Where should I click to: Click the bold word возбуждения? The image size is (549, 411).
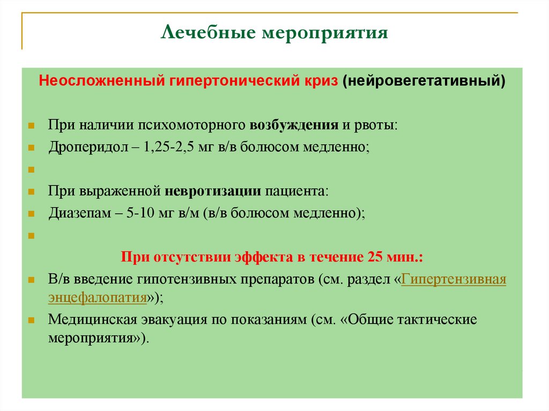click(x=293, y=125)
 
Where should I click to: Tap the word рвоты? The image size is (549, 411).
click(x=376, y=125)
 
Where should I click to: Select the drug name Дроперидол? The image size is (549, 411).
click(x=86, y=147)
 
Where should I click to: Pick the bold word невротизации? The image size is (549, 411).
click(x=213, y=191)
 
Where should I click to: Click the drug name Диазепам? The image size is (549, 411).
click(x=80, y=213)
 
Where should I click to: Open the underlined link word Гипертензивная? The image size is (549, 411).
click(x=454, y=279)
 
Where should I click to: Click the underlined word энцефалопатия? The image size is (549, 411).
click(x=98, y=297)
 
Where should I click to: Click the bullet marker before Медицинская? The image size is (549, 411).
click(x=32, y=320)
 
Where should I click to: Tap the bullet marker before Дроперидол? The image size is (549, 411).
click(x=32, y=147)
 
